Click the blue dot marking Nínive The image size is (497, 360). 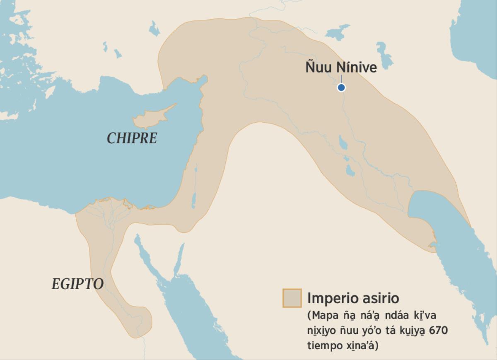coord(341,87)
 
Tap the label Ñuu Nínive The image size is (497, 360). coord(341,67)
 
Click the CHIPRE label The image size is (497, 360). coord(132,138)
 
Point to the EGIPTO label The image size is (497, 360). coord(77,284)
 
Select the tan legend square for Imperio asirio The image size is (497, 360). coord(292,298)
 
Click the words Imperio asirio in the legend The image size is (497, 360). coord(353,298)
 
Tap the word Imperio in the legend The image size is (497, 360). coord(332,298)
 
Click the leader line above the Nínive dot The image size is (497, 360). coord(341,80)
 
